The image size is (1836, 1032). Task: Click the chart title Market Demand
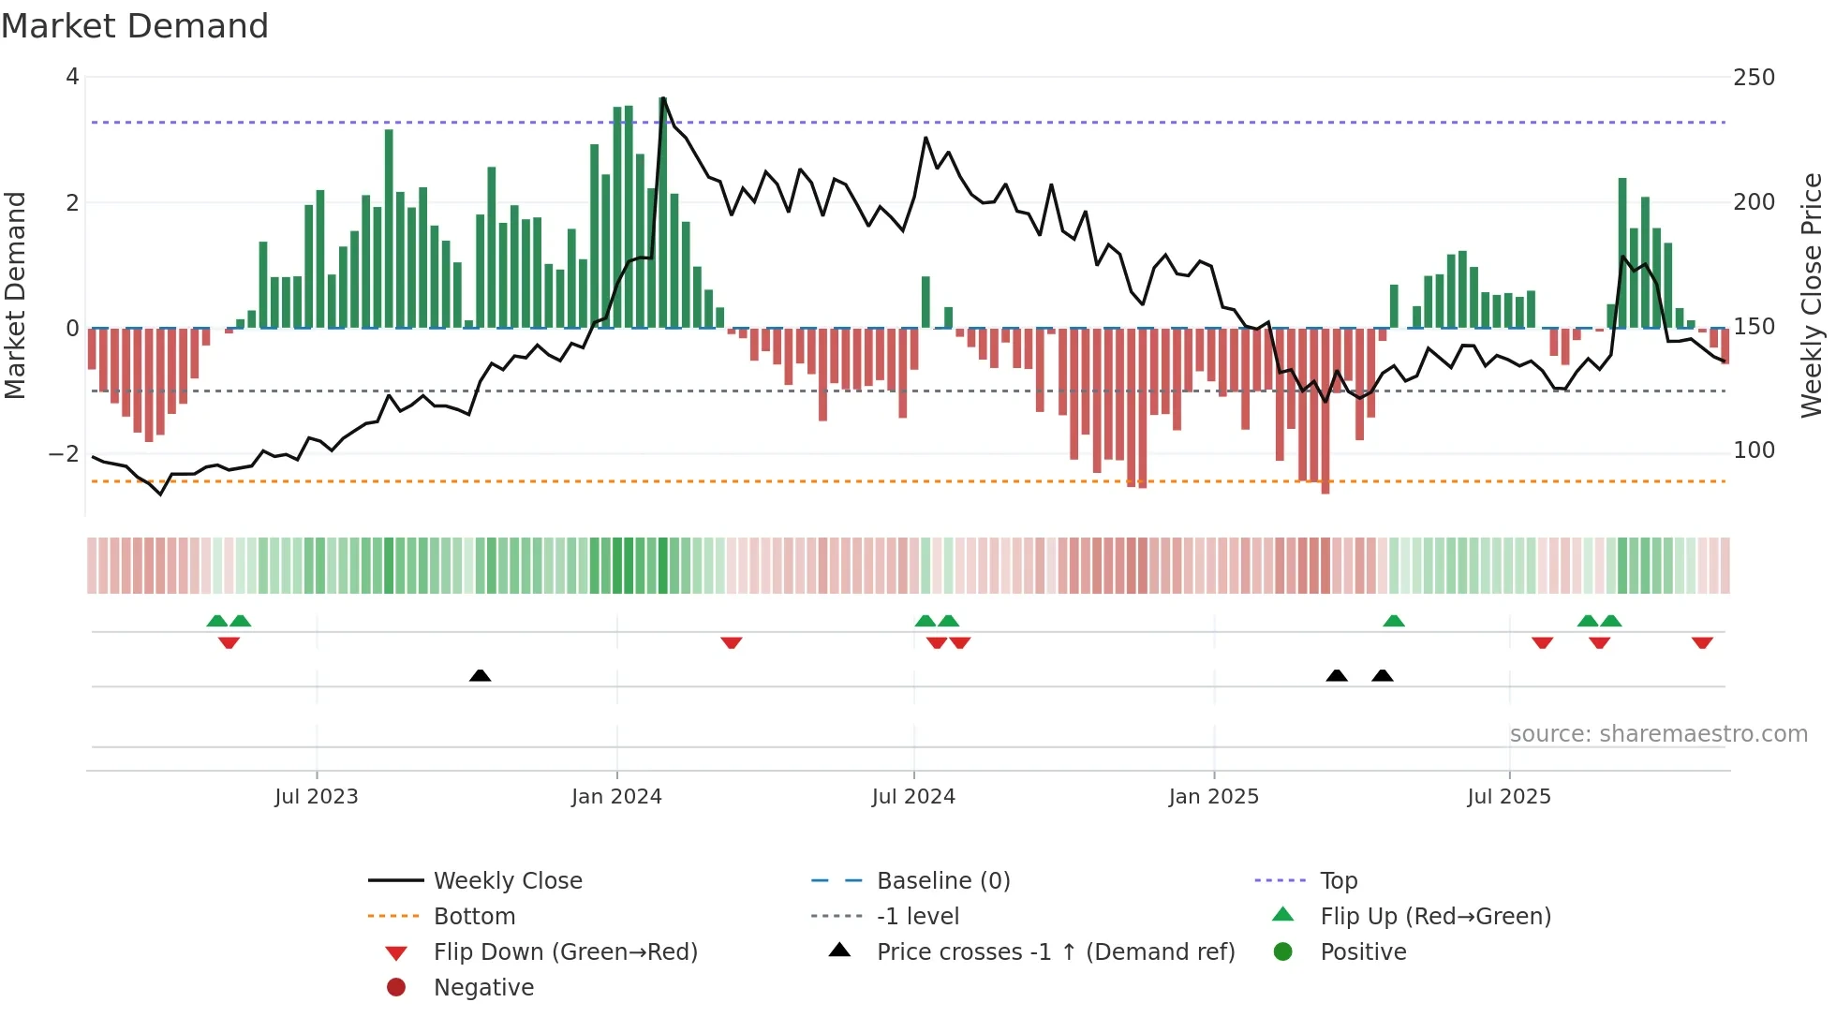135,26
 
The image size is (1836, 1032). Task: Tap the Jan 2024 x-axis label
616,797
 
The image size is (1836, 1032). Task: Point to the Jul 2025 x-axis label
1509,797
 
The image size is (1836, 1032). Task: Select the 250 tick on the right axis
1754,78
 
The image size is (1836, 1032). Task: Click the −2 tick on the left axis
64,454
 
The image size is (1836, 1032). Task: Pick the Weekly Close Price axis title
1812,295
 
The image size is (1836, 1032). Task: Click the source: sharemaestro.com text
1658,734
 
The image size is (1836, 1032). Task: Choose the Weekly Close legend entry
507,881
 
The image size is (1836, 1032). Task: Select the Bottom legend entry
474,917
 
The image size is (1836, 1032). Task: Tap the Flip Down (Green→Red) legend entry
565,952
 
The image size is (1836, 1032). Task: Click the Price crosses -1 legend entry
1055,952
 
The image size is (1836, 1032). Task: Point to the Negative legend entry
483,988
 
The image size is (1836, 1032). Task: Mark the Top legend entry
1338,881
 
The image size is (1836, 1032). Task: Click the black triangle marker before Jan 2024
480,675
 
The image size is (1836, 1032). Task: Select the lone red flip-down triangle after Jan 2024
732,642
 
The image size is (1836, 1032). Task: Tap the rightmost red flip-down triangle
1702,642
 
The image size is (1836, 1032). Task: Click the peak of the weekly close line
663,98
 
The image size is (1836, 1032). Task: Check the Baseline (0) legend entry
942,881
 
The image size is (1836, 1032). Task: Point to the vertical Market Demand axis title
15,295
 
